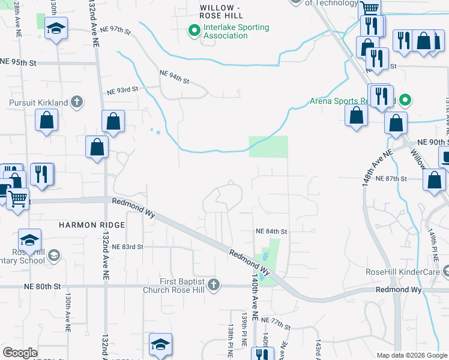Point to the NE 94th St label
(x=174, y=77)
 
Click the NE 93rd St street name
(x=122, y=91)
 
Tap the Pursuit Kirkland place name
(x=38, y=103)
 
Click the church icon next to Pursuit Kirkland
(x=76, y=102)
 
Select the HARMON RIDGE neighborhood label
(x=92, y=225)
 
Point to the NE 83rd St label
(x=128, y=247)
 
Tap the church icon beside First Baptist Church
(x=214, y=284)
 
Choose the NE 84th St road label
(x=272, y=231)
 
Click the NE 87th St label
(x=391, y=179)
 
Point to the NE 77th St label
(x=275, y=325)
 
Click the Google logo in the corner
(x=20, y=353)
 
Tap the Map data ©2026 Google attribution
(x=411, y=355)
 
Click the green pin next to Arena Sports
(x=406, y=100)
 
